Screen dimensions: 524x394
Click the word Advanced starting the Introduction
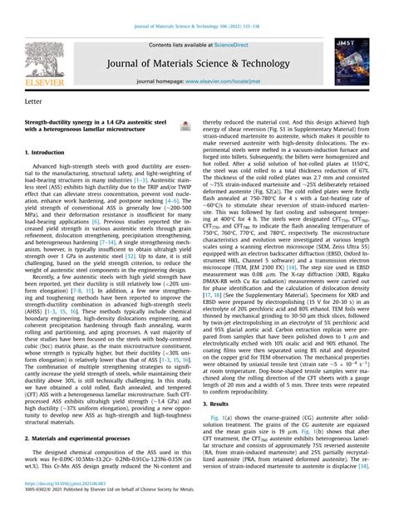[x=49, y=169]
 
